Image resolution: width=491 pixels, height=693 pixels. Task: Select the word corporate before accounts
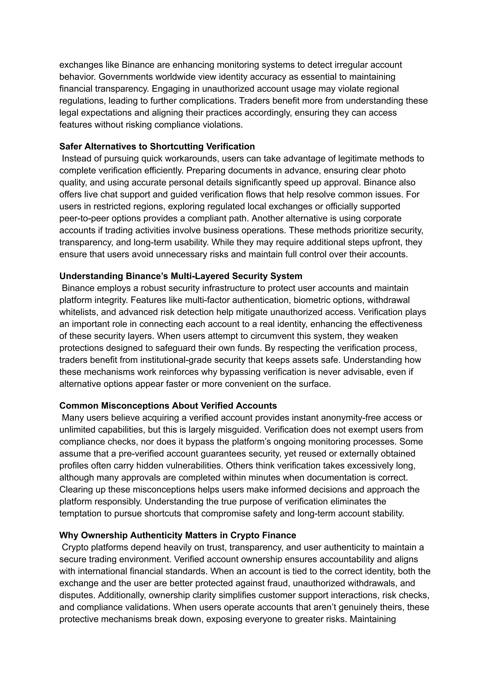pos(382,218)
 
